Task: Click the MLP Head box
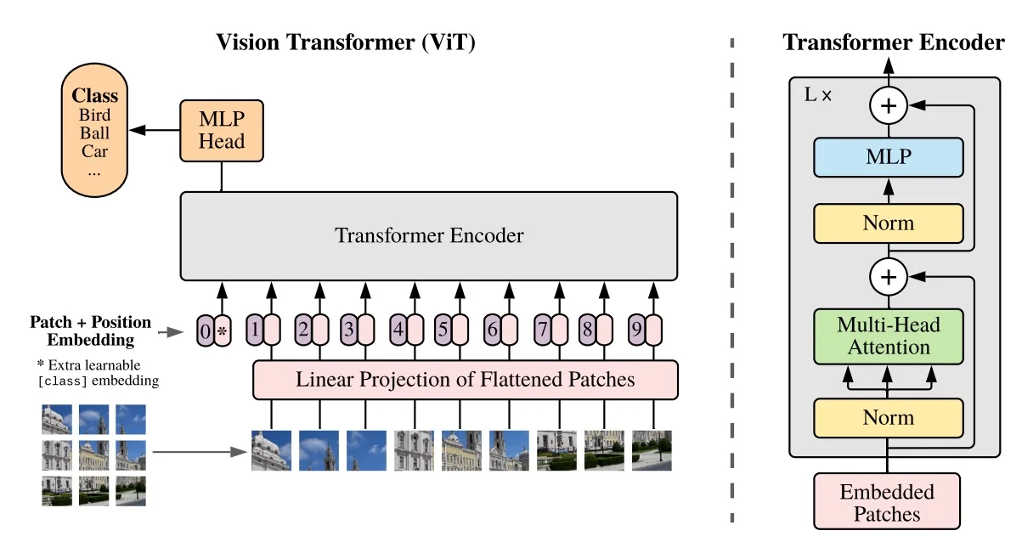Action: [x=222, y=130]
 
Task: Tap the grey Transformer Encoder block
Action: [x=428, y=235]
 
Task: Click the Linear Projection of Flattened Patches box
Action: [x=465, y=380]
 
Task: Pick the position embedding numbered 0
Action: [x=204, y=330]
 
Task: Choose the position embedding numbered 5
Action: [x=442, y=330]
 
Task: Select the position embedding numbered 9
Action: [x=636, y=330]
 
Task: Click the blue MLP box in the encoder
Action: [x=888, y=157]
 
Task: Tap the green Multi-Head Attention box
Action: [x=888, y=335]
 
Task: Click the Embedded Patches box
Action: [x=887, y=502]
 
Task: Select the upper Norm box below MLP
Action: [x=888, y=223]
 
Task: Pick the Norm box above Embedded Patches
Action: [x=888, y=417]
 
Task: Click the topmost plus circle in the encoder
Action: [x=889, y=106]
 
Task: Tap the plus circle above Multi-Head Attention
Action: [x=889, y=275]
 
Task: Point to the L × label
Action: [x=817, y=94]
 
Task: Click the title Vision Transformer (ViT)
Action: [x=345, y=42]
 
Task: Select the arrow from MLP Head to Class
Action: [x=153, y=130]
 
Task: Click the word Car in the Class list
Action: [x=95, y=151]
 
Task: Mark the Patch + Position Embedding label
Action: [x=90, y=331]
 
